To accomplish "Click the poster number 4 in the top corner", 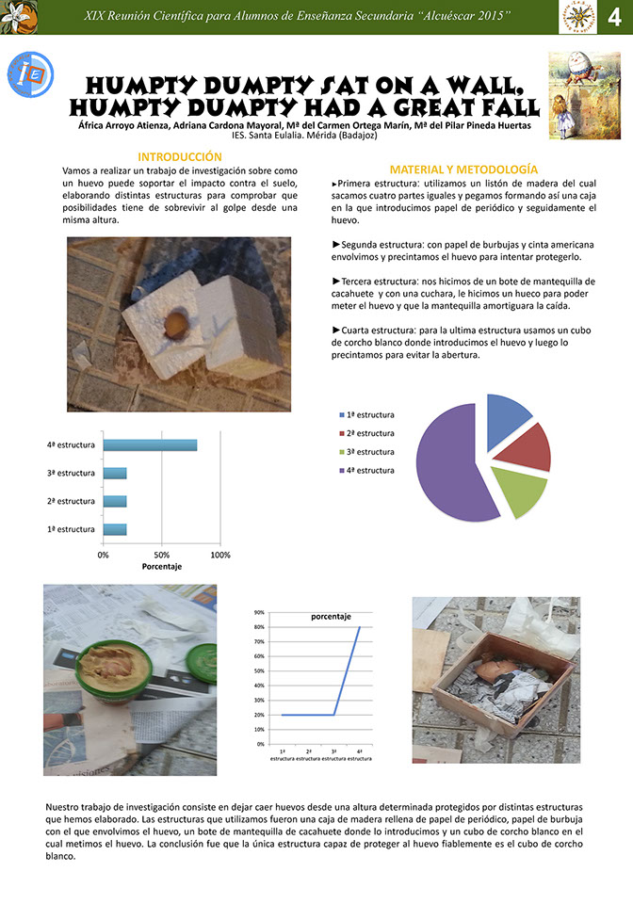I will tap(613, 18).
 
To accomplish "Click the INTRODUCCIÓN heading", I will tap(180, 157).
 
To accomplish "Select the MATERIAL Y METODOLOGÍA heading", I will tap(463, 167).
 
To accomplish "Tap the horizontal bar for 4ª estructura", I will tap(150, 445).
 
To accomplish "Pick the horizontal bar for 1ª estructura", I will tap(114, 529).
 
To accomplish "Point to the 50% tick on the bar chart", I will tap(161, 555).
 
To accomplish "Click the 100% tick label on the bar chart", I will tap(219, 555).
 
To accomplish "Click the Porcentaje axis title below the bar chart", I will tap(161, 567).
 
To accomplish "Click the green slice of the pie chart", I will tap(516, 491).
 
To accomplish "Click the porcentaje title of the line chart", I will tap(331, 617).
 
